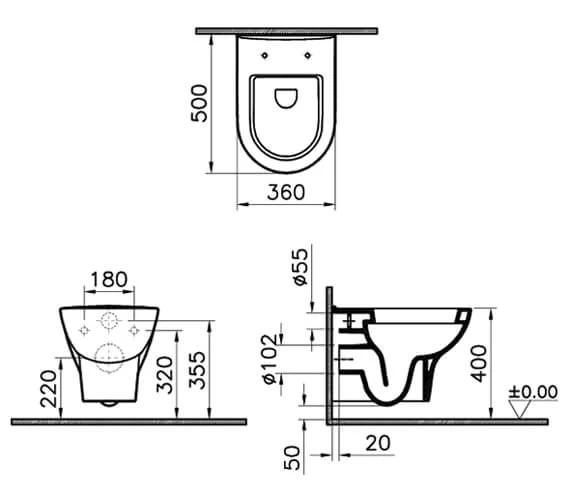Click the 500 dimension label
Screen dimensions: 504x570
[201, 102]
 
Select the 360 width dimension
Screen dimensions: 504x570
[285, 192]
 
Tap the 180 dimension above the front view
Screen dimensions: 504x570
[107, 279]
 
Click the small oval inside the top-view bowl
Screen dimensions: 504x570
[286, 98]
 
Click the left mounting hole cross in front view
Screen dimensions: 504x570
[84, 327]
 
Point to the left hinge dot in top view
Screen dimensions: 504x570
[264, 56]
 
